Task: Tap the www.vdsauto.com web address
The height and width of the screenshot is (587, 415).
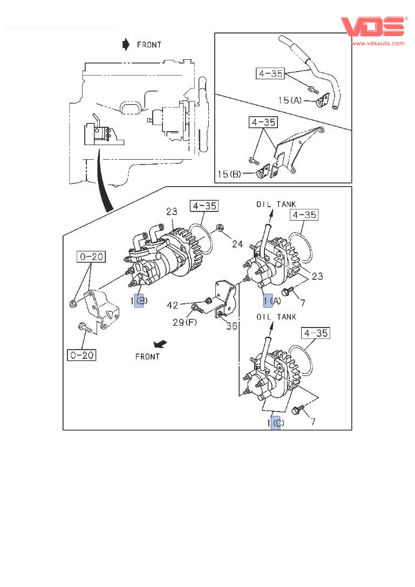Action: (x=378, y=43)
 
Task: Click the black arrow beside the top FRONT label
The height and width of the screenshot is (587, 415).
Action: (x=126, y=44)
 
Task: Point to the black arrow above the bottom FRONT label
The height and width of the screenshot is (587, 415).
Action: (x=159, y=344)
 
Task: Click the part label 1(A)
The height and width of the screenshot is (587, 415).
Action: (x=272, y=301)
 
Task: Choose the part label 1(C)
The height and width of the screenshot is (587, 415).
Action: (x=275, y=424)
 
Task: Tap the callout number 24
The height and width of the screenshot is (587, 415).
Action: (x=237, y=243)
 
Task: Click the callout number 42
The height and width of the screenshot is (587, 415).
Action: (x=173, y=305)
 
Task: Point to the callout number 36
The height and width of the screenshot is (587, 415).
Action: (x=232, y=325)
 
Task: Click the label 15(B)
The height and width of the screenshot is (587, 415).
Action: (x=230, y=174)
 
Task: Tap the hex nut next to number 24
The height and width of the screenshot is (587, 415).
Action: (x=220, y=228)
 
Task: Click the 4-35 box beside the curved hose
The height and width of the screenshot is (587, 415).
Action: (x=270, y=73)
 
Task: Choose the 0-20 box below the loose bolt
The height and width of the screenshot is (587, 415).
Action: (x=81, y=354)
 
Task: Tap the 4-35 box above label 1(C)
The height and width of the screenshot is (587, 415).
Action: (x=315, y=333)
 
